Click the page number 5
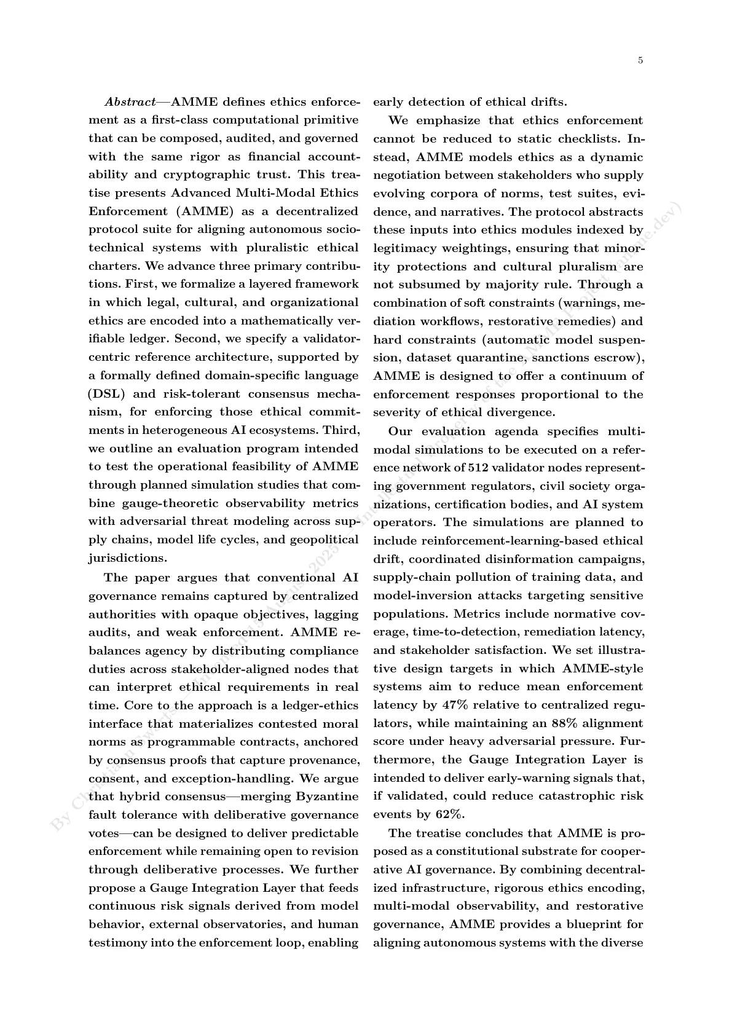point(640,60)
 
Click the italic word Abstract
point(130,101)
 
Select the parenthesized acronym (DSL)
point(107,394)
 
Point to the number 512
point(478,468)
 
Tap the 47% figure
point(454,705)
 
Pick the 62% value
point(450,814)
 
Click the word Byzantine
point(328,797)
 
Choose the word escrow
point(619,358)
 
